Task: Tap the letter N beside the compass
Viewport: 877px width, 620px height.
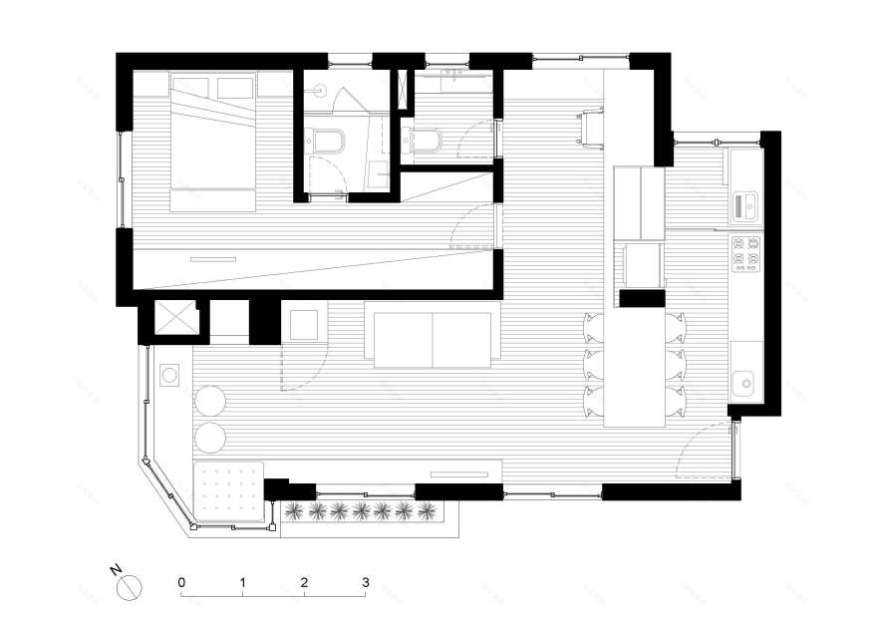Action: [x=116, y=571]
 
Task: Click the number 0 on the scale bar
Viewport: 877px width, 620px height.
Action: [x=181, y=582]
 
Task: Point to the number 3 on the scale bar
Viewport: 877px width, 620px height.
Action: [x=366, y=582]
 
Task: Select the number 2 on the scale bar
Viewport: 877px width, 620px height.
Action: [x=304, y=582]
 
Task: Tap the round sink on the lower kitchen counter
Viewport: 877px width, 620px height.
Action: [x=746, y=384]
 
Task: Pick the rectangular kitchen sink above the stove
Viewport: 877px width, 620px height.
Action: [x=745, y=206]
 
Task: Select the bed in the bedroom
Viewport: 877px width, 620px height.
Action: [x=212, y=144]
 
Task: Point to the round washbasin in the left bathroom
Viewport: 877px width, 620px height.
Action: [x=321, y=89]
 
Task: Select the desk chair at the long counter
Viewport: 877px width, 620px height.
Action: [x=592, y=128]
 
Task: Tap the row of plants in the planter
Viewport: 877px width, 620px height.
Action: [x=362, y=511]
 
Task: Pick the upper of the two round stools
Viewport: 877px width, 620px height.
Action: [x=209, y=401]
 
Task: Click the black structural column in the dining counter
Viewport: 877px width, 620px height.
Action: [x=642, y=299]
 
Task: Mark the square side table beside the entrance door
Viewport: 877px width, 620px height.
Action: [x=304, y=324]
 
